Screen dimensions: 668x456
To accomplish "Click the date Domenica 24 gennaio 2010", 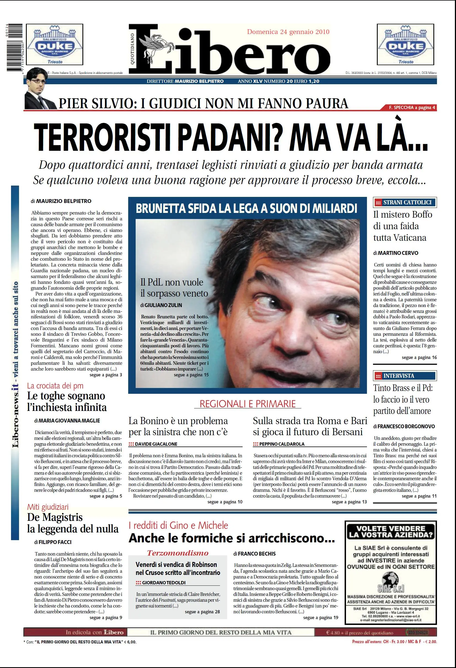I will coord(288,32).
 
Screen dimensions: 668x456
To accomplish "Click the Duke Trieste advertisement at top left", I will coord(55,44).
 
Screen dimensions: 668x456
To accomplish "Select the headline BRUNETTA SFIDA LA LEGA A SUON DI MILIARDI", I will coord(247,208).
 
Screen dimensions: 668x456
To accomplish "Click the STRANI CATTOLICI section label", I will coord(405,202).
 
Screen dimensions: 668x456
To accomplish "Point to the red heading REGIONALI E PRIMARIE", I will coord(247,403).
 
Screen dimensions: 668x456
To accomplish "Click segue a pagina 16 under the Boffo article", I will coord(419,357).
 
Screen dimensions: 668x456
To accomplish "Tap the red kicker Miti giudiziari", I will coord(48,507).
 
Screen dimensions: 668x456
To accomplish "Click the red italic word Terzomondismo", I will coord(178,553).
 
